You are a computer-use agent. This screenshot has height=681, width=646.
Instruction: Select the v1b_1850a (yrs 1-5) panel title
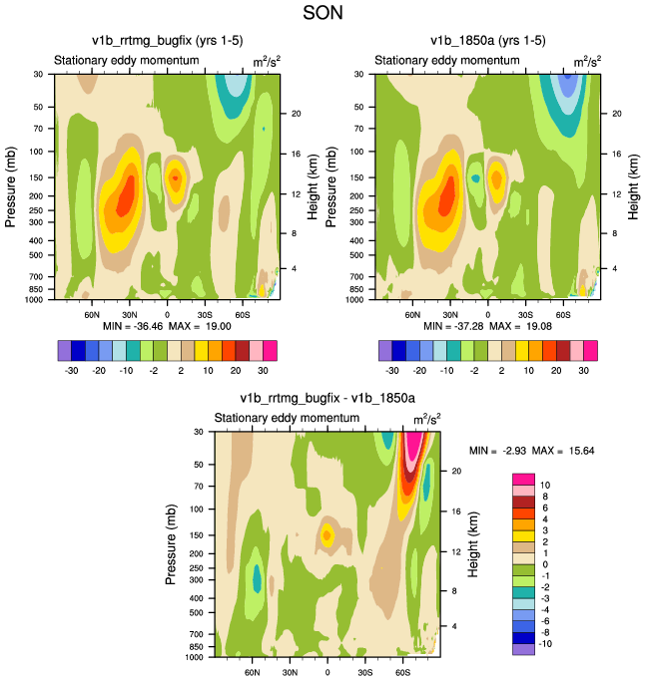(487, 41)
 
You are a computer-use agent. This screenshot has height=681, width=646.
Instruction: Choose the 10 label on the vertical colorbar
(543, 484)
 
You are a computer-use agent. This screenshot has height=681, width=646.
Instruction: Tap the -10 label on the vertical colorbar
(546, 644)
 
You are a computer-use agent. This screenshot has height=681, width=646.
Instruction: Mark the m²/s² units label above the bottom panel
(426, 418)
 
